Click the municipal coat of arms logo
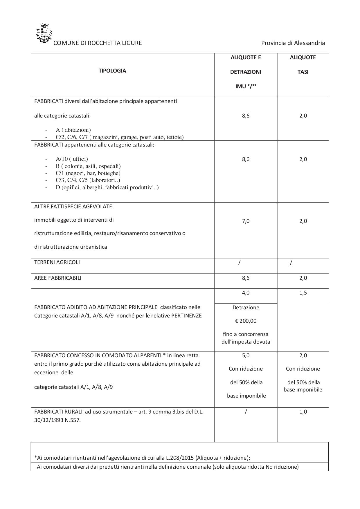(x=44, y=34)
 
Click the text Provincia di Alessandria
(x=293, y=43)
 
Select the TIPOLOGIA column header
(x=112, y=71)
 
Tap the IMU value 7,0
(x=246, y=221)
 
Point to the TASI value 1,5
(x=303, y=293)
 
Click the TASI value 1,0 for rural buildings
(x=303, y=412)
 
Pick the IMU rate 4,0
(x=246, y=293)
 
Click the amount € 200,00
(x=246, y=321)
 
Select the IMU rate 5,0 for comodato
(x=246, y=355)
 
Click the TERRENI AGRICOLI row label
(x=57, y=262)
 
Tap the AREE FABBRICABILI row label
(x=58, y=278)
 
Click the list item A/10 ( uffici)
(x=72, y=159)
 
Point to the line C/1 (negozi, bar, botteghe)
(x=88, y=173)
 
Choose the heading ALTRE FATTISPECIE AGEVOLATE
(x=73, y=207)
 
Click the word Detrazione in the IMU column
(x=246, y=308)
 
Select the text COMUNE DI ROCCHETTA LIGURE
(x=98, y=43)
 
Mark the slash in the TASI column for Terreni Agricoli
(x=291, y=263)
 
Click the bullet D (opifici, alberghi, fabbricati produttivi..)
(x=107, y=187)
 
